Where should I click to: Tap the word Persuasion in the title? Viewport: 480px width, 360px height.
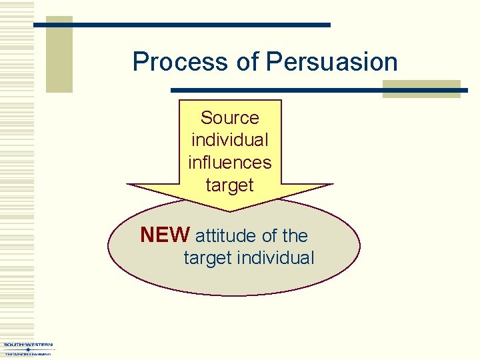(x=332, y=62)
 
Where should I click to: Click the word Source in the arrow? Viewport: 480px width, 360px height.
(x=229, y=118)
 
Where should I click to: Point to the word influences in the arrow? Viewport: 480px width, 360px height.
(x=229, y=163)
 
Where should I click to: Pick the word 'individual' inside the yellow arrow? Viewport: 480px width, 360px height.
(x=229, y=141)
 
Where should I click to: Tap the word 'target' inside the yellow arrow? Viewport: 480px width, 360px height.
(x=229, y=185)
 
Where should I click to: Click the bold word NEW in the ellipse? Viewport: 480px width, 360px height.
(x=165, y=235)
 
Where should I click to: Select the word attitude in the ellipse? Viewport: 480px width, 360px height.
(x=225, y=236)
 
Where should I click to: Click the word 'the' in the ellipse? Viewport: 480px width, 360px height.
(x=295, y=236)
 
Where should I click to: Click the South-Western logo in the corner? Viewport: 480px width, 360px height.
(x=28, y=349)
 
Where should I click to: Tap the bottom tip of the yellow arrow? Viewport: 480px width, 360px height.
(x=230, y=209)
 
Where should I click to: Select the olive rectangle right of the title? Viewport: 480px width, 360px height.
(x=421, y=89)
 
